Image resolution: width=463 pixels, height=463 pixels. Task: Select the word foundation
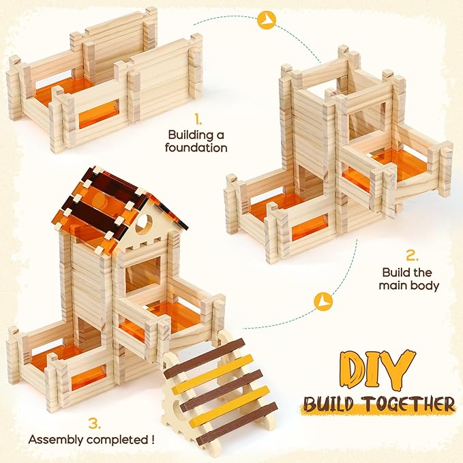(x=198, y=147)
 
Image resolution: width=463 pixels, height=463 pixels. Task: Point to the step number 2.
(x=411, y=256)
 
